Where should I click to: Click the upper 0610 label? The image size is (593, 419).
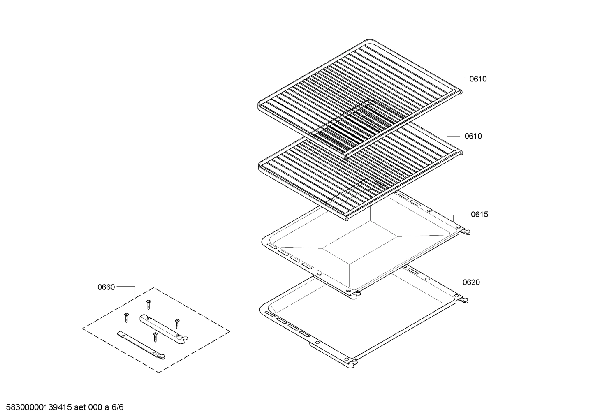coord(478,79)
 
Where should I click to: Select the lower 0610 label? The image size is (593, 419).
coord(473,136)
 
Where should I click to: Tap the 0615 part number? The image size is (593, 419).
coord(479,214)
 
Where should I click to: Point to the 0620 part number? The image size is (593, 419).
coord(471,282)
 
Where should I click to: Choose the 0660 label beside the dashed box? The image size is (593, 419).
coord(106,287)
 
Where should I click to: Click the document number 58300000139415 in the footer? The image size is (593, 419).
coord(39,407)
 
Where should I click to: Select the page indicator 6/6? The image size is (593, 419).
coord(117,407)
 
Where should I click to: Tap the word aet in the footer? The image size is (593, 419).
coord(80,407)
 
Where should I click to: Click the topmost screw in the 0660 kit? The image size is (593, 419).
coord(148,305)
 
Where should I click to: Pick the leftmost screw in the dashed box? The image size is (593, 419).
coord(127,317)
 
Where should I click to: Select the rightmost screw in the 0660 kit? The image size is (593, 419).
coord(177,324)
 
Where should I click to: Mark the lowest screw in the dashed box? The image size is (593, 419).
coord(155,337)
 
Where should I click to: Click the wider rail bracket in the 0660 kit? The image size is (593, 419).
coord(164,329)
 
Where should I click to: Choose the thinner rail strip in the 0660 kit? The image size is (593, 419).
coord(141,345)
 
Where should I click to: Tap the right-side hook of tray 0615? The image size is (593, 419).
coord(465,231)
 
